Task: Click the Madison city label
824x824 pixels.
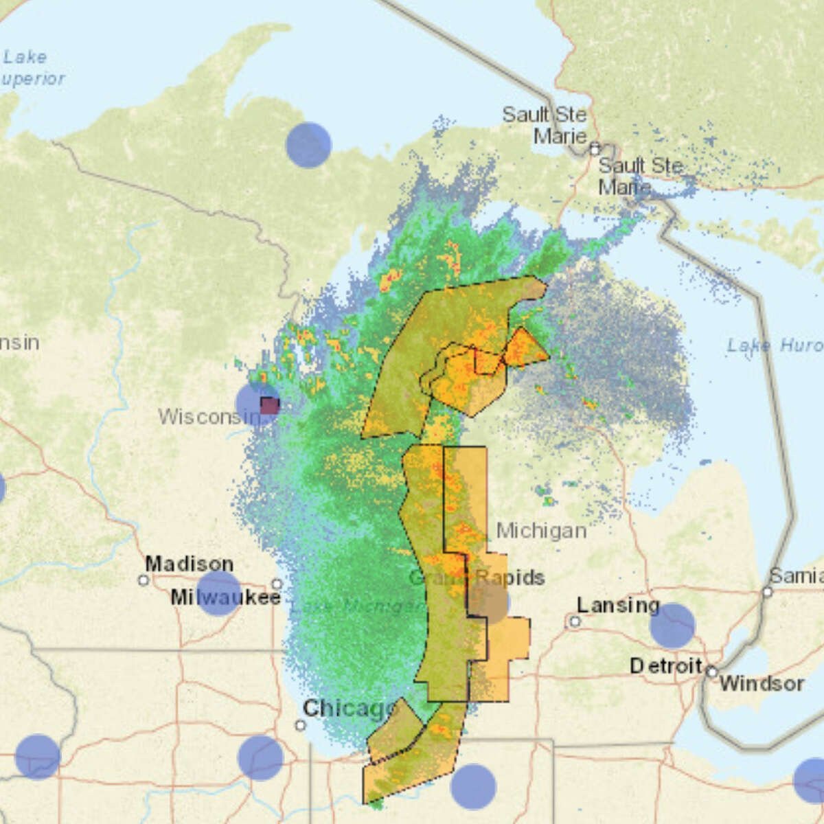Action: click(189, 564)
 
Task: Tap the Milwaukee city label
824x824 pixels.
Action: click(225, 597)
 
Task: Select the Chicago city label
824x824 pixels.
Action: click(349, 708)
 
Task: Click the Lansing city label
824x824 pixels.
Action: click(617, 605)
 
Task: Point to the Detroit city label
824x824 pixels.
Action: click(665, 665)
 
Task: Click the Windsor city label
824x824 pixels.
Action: click(762, 683)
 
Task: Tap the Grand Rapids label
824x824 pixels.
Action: click(477, 577)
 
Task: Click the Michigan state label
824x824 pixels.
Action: click(541, 530)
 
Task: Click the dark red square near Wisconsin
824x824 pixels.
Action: click(269, 405)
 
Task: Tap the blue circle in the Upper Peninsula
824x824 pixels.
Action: click(308, 145)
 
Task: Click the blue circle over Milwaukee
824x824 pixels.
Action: click(218, 593)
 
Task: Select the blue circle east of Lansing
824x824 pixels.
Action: click(672, 626)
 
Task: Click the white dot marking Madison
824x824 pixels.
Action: click(143, 580)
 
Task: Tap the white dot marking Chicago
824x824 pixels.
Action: click(300, 725)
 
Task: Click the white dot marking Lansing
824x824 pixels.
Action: click(574, 621)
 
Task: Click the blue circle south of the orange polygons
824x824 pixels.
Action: click(473, 787)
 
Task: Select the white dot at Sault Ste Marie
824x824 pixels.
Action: click(595, 148)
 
